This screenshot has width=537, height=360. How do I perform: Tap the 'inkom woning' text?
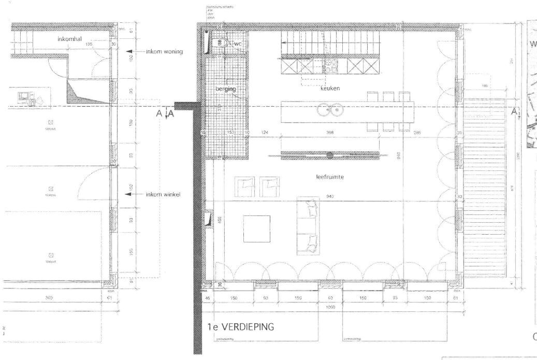click(x=164, y=51)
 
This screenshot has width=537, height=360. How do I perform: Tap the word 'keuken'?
click(x=330, y=89)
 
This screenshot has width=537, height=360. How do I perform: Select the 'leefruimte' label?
click(x=330, y=176)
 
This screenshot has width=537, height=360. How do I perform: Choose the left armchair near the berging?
click(x=245, y=187)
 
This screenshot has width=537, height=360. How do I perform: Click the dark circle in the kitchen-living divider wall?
click(x=330, y=154)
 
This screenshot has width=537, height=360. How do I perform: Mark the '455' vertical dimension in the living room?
click(x=220, y=219)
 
